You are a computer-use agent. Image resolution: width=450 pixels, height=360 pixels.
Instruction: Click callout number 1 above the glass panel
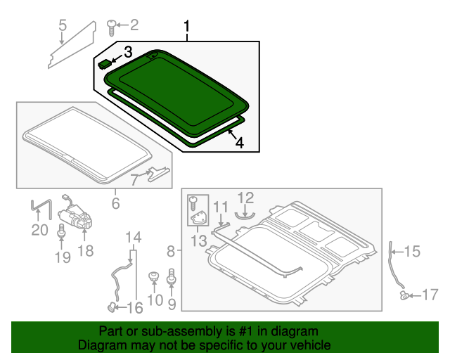[x=187, y=27]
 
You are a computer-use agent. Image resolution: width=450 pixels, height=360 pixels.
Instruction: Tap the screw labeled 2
[x=111, y=27]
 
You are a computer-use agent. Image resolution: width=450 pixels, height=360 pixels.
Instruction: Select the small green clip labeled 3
[x=105, y=63]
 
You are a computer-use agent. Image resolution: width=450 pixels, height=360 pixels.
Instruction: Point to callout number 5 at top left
[x=62, y=27]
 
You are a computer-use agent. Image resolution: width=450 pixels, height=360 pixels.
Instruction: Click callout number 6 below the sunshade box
[x=115, y=204]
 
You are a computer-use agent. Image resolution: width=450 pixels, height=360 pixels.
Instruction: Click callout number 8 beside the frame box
[x=172, y=251]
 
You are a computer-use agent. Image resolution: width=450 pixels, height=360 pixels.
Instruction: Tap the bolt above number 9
[x=170, y=282]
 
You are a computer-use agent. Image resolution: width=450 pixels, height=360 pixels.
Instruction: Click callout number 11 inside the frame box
[x=221, y=207]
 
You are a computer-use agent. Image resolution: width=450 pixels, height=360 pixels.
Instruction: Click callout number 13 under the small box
[x=198, y=241]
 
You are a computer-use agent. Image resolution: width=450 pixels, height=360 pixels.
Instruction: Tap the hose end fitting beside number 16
[x=111, y=306]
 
